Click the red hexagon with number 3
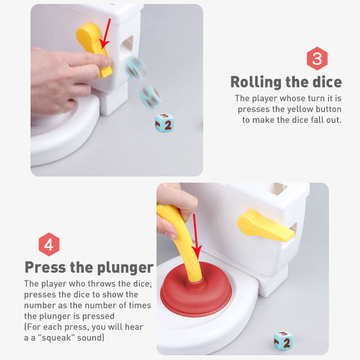click(317, 58)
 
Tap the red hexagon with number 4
click(49, 244)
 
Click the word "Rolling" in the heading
click(256, 82)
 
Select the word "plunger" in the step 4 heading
click(126, 268)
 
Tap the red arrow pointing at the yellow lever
click(105, 34)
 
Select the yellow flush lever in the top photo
click(94, 48)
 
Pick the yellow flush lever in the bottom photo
click(265, 225)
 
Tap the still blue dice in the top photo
click(164, 123)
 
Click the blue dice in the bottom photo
click(283, 341)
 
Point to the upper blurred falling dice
click(135, 68)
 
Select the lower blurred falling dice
click(151, 97)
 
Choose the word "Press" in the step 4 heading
click(45, 267)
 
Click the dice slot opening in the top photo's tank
click(127, 46)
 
